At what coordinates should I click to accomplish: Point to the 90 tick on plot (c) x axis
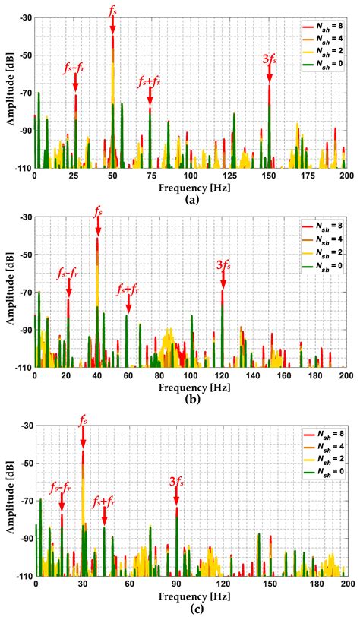(x=176, y=586)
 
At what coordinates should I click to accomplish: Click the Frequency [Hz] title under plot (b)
(x=190, y=388)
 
